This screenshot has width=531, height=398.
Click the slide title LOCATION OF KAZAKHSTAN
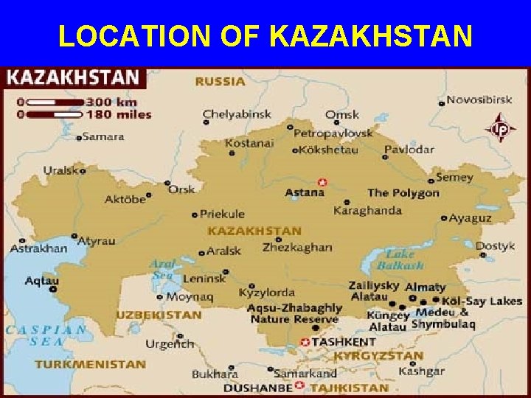[265, 35]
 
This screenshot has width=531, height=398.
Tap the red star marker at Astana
[322, 182]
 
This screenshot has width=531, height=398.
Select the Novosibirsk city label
[478, 99]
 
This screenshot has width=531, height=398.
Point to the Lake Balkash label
[401, 259]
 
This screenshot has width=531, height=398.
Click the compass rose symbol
[500, 128]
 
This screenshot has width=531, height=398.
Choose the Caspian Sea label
[46, 335]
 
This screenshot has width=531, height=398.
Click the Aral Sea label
[162, 270]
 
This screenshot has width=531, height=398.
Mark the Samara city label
[103, 136]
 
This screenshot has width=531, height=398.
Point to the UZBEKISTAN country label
[158, 315]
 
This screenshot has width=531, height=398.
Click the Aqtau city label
[42, 280]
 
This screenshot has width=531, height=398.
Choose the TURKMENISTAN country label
[90, 363]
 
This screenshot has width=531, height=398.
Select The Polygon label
[403, 193]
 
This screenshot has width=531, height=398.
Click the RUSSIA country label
[220, 81]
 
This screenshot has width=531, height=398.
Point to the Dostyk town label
[495, 246]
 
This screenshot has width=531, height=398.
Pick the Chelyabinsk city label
[237, 114]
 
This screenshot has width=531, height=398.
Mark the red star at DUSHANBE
[299, 385]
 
